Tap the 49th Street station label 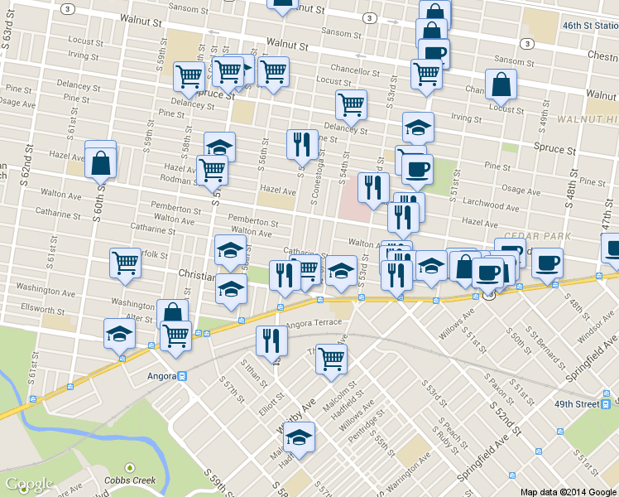(576, 404)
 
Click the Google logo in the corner (29, 484)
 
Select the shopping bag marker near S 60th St (99, 163)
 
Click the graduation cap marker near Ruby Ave (299, 438)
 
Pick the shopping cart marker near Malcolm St (331, 359)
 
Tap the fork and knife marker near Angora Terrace (271, 339)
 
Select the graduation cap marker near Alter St (119, 334)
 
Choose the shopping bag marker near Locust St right (501, 84)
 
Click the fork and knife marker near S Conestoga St (302, 145)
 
